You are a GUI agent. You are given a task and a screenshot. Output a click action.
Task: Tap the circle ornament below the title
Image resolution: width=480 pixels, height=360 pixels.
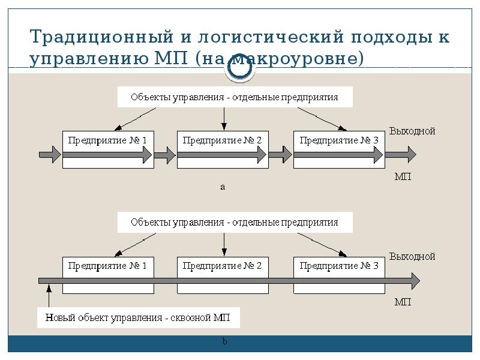point(240,70)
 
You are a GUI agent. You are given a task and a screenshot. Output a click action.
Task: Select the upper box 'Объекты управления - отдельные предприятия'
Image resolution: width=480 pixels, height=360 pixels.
point(235,97)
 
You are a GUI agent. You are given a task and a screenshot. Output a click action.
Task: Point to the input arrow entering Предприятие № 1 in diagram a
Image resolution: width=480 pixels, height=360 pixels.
point(50,155)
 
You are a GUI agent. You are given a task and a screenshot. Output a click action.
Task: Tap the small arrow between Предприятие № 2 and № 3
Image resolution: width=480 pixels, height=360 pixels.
point(280,155)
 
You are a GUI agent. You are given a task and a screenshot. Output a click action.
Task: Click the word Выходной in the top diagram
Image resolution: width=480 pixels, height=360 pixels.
point(412,131)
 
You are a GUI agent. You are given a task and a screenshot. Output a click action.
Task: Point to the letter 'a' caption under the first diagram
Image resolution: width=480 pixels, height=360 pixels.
point(223,187)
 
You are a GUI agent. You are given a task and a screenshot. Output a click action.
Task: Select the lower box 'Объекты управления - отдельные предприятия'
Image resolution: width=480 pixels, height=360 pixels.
point(235,223)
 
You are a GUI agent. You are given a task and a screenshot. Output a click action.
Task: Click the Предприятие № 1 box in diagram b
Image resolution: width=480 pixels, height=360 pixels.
point(108,265)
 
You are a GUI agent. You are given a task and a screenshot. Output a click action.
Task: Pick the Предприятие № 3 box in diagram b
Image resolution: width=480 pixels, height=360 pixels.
point(339,265)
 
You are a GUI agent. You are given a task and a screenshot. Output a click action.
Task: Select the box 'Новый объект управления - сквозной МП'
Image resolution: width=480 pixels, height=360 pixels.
point(139,317)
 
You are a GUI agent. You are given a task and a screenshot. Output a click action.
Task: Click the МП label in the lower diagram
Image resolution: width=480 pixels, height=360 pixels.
point(403,302)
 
